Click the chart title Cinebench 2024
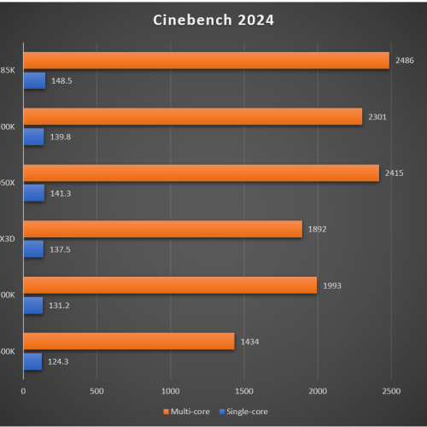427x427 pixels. pos(214,19)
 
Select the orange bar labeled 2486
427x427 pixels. pos(205,61)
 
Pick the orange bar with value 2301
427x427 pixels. pos(192,117)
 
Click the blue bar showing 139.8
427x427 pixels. pos(33,137)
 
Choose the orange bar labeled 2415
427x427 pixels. pos(201,173)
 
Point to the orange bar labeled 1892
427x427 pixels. pos(162,229)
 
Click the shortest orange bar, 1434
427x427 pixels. pos(128,342)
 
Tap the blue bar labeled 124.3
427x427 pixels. pos(32,361)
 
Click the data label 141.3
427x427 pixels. pos(61,194)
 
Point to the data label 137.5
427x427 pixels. pos(61,249)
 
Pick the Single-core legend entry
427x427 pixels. pos(244,412)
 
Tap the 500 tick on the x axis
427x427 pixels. pos(97,391)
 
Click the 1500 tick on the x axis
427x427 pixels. pos(243,391)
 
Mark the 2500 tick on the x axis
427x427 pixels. pos(390,391)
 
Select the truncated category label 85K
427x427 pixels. pos(8,71)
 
